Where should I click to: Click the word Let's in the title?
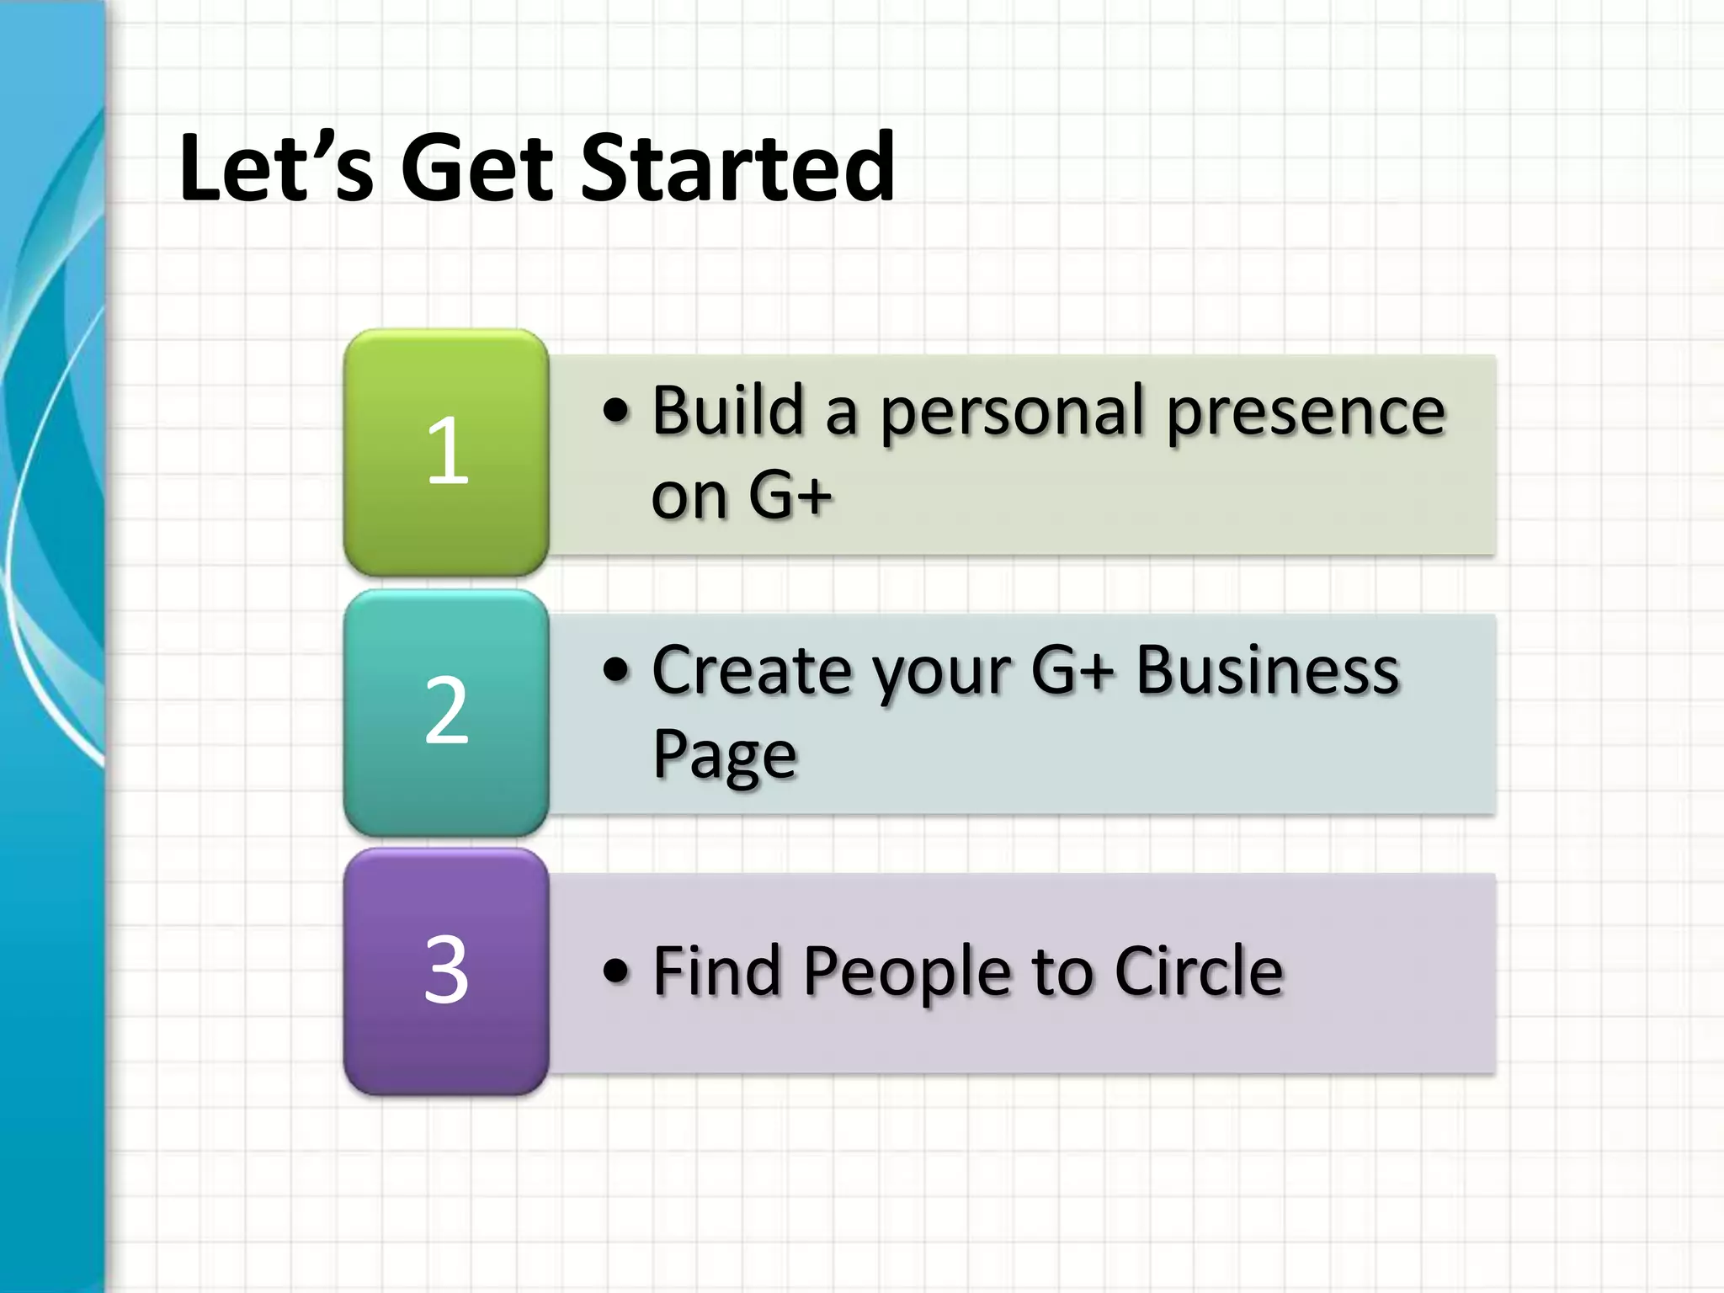275,168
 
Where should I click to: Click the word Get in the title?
477,168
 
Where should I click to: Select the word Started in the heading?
737,168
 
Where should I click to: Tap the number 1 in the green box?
447,452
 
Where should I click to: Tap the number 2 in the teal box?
446,711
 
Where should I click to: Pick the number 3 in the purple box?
446,971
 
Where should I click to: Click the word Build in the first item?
728,410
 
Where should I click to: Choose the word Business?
1267,671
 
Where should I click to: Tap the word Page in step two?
724,755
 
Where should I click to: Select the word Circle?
1199,971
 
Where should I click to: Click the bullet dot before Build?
616,412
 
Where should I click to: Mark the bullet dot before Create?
616,671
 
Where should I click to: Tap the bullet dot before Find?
616,971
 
